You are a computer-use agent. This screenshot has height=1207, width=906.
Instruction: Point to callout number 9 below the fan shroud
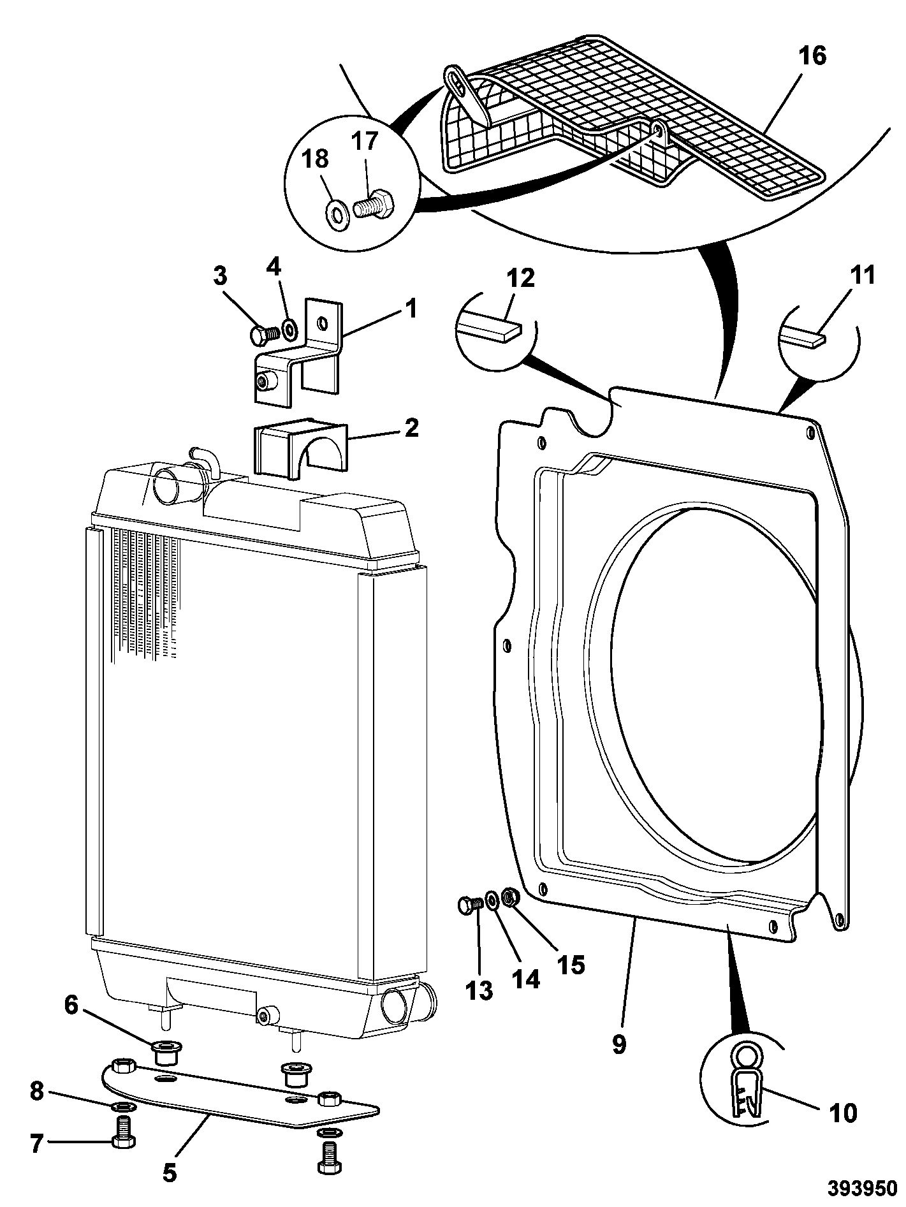point(618,1045)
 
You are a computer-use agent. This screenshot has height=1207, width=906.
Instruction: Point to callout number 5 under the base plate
point(169,1171)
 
